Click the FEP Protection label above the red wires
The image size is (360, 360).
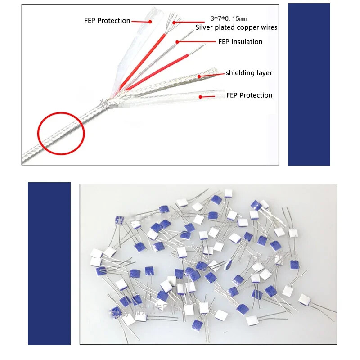(107, 21)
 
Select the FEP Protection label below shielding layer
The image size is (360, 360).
(249, 95)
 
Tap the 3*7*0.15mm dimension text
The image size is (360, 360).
(229, 19)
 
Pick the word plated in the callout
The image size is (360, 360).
(227, 27)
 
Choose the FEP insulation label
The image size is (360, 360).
(240, 42)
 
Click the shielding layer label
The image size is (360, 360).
(249, 73)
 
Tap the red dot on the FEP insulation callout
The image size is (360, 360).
(177, 42)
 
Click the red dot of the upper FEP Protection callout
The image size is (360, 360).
(150, 21)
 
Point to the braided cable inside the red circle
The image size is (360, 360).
(61, 134)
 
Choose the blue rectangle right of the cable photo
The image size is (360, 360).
(309, 84)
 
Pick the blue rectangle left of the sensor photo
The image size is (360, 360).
(49, 263)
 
